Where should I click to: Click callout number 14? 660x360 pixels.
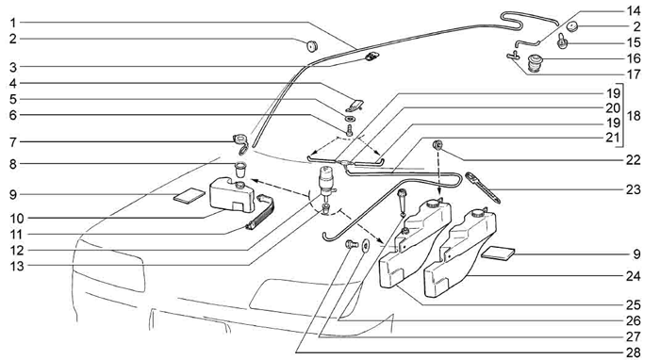pos(633,10)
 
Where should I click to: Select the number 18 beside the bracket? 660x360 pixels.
pos(633,116)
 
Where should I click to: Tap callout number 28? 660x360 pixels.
pos(633,352)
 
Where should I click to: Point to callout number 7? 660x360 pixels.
pos(13,142)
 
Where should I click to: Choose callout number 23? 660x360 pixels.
pos(633,189)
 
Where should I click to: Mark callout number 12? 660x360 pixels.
pos(17,251)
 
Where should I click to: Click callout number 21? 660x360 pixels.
pos(613,137)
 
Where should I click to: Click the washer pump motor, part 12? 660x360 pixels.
pos(326,180)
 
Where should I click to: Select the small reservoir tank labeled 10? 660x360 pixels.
pos(232,194)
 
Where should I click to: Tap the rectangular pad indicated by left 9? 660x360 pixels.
pos(190,196)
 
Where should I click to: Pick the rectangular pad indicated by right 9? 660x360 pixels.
pos(498,252)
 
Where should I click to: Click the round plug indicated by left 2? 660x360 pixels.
pos(311,46)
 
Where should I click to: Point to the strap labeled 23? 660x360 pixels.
pos(483,188)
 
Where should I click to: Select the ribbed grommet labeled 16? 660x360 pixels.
pos(535,63)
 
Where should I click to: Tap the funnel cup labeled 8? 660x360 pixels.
pos(240,170)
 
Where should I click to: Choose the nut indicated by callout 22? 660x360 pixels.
pos(437,145)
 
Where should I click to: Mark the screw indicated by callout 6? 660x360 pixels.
pos(349,130)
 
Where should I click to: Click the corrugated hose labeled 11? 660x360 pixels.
pos(261,213)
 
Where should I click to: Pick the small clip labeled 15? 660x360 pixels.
pos(563,41)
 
